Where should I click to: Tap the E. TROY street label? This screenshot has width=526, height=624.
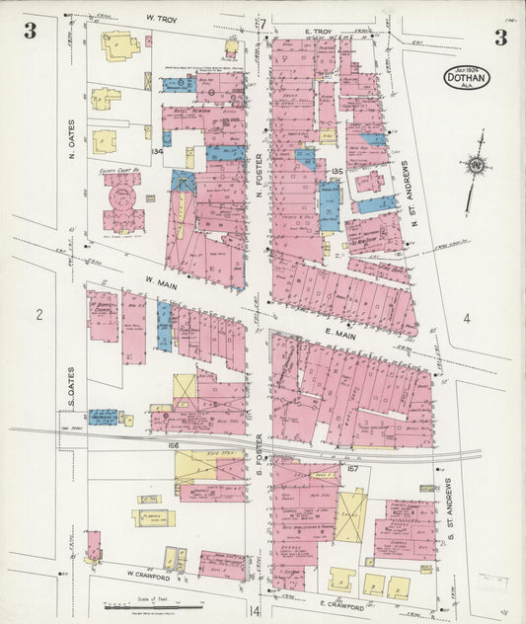click(321, 33)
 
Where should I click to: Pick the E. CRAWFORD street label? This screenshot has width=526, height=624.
click(342, 601)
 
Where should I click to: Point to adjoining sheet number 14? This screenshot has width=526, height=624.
click(256, 612)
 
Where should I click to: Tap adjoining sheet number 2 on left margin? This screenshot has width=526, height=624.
click(39, 315)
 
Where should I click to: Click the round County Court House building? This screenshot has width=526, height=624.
click(122, 202)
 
